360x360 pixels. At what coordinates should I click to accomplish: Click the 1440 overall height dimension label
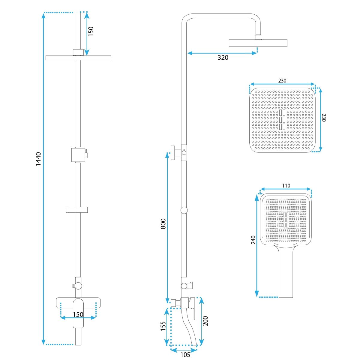(38, 159)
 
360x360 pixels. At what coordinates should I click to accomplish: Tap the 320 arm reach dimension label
(223, 58)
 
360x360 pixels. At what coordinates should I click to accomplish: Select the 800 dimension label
(163, 223)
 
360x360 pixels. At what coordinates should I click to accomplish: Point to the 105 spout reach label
(185, 355)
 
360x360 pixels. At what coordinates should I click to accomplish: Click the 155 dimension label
(163, 326)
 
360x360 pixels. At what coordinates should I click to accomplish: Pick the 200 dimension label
(205, 321)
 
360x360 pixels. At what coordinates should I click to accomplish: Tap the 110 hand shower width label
(286, 186)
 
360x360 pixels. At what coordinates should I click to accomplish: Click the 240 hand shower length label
(253, 240)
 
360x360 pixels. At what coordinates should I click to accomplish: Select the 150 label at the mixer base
(78, 315)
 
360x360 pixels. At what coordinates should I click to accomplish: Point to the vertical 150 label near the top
(91, 31)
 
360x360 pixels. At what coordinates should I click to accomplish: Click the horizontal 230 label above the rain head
(282, 81)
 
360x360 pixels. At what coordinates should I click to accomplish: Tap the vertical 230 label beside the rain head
(324, 118)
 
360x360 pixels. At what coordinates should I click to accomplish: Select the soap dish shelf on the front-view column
(77, 210)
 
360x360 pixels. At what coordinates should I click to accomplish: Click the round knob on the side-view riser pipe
(184, 210)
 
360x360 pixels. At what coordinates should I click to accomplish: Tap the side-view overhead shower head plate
(258, 43)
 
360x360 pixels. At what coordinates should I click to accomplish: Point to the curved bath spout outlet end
(194, 345)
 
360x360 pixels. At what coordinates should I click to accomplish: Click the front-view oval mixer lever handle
(78, 315)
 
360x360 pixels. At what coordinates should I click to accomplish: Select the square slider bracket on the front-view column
(78, 155)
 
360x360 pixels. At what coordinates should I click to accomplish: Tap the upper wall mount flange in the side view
(173, 153)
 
